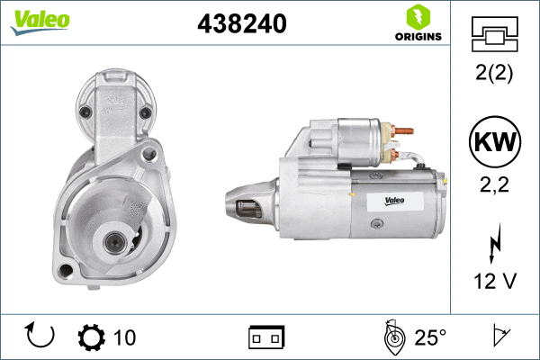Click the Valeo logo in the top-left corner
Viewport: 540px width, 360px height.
tap(40, 22)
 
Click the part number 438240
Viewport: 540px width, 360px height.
tap(242, 23)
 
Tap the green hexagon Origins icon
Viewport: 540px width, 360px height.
tap(418, 17)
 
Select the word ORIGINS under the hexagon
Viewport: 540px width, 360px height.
tap(418, 37)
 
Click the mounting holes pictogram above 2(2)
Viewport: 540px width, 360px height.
tap(494, 34)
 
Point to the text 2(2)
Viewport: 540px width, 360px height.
tap(494, 73)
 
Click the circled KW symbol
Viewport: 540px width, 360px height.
tap(495, 141)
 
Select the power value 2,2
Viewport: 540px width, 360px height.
tap(494, 184)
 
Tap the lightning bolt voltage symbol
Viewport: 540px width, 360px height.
tap(495, 243)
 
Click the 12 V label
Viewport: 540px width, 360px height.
tap(495, 281)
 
